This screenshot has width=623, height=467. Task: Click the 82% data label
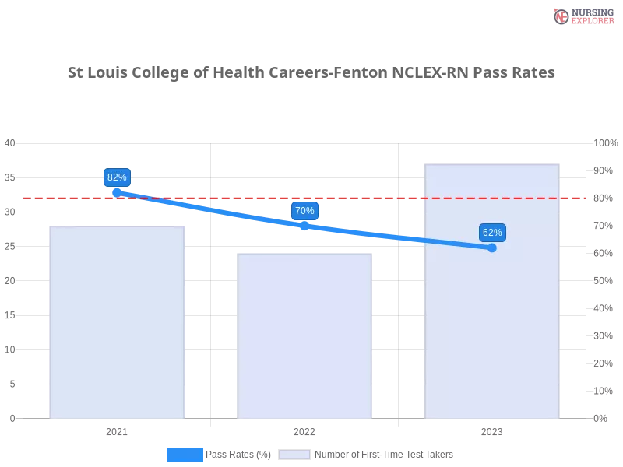117,177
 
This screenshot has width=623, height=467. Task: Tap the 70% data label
304,211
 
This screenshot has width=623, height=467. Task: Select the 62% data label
492,233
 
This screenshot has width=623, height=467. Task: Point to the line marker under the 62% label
492,248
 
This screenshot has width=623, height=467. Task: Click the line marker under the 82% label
117,191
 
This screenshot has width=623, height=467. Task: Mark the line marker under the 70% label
304,225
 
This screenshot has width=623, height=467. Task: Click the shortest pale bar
304,335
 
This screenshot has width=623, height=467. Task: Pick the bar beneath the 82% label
115,327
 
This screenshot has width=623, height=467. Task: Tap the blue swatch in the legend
185,455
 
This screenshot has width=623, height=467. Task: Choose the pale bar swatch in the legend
294,455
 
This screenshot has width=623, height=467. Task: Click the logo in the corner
582,16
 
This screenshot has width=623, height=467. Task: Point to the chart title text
311,73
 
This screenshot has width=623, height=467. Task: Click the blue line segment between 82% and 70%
210,209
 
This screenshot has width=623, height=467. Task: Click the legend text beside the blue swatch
241,455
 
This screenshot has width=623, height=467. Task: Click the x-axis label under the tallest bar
492,430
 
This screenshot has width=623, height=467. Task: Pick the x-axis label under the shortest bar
304,430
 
